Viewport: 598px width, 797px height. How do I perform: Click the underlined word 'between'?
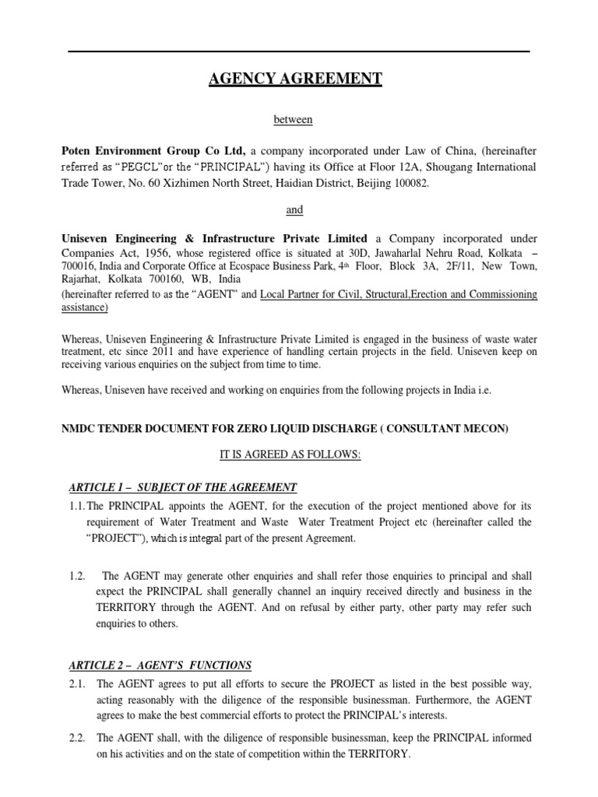pos(293,119)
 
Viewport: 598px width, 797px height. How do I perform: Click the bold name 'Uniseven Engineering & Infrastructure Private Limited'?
pos(215,238)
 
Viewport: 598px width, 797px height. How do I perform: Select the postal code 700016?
pos(80,266)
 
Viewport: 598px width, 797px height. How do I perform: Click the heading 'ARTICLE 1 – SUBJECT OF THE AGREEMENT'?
pos(183,487)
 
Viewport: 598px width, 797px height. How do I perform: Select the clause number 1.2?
pos(76,577)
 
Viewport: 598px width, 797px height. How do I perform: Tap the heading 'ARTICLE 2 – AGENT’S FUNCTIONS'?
pos(160,665)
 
